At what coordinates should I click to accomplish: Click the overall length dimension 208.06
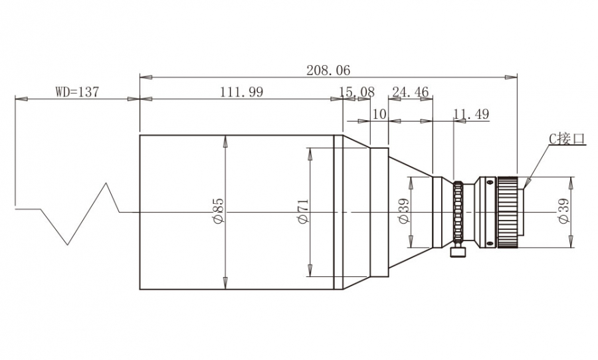click(x=328, y=70)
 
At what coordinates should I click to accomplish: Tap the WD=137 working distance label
click(x=77, y=92)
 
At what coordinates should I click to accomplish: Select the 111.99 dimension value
click(x=241, y=92)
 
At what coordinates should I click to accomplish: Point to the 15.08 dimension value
click(x=357, y=92)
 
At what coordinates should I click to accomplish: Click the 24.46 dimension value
click(x=411, y=92)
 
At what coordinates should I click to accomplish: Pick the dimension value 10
click(x=379, y=114)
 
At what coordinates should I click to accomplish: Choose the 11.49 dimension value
click(x=471, y=114)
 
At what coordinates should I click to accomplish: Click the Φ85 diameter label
click(x=219, y=210)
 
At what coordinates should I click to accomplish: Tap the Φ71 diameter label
click(x=303, y=211)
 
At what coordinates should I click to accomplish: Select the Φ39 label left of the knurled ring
click(x=403, y=211)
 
